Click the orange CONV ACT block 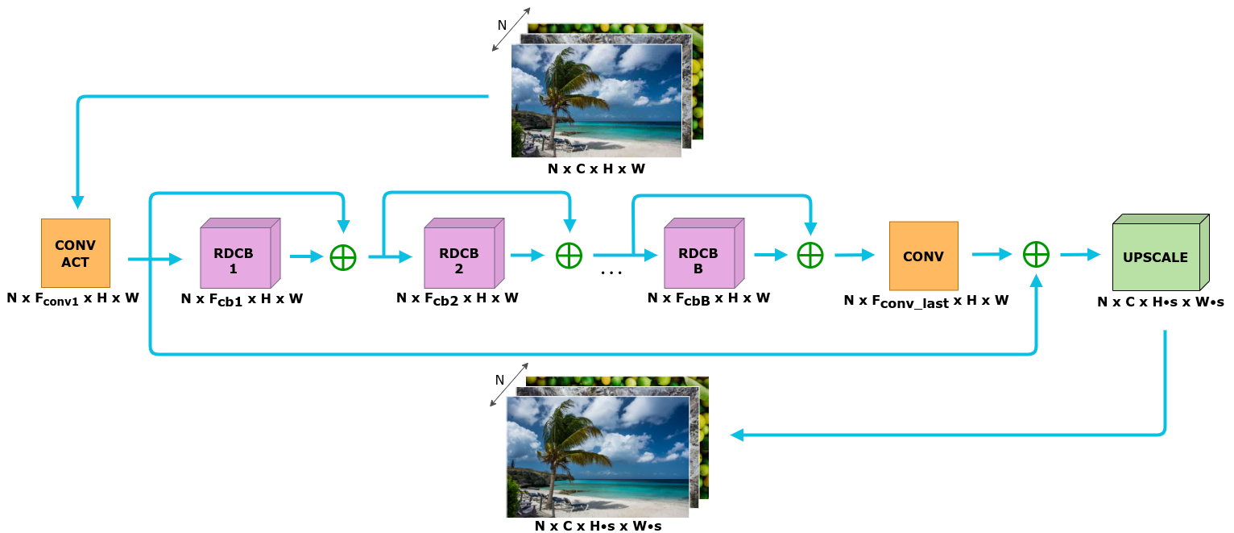[x=76, y=253]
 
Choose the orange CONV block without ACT [x=923, y=256]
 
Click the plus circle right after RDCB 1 [x=343, y=256]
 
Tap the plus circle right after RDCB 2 [x=569, y=256]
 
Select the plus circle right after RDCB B [x=810, y=256]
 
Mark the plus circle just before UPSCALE [x=1035, y=255]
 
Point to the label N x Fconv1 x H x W [x=73, y=298]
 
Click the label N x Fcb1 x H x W [x=242, y=300]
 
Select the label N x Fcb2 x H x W [x=457, y=298]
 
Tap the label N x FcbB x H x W [x=708, y=298]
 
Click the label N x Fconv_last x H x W [x=926, y=302]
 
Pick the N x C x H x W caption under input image [x=596, y=169]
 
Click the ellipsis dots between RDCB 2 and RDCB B [x=612, y=273]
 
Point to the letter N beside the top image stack [x=502, y=25]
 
